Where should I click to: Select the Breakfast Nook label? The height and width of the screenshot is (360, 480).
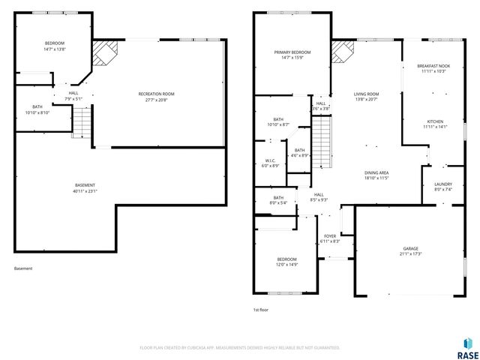433,66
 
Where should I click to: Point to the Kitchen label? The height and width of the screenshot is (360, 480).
435,121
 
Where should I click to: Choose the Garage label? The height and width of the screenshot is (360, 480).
410,248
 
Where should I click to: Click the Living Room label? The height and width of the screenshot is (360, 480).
367,94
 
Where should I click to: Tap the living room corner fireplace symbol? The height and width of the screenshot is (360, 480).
343,53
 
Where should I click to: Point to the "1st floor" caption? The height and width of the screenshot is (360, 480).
260,309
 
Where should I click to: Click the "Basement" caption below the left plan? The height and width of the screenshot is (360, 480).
23,268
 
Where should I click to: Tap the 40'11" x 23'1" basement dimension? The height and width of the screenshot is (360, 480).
85,190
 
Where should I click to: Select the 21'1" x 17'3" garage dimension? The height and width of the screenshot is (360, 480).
410,253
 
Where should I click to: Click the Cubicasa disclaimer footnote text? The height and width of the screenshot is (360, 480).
240,348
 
